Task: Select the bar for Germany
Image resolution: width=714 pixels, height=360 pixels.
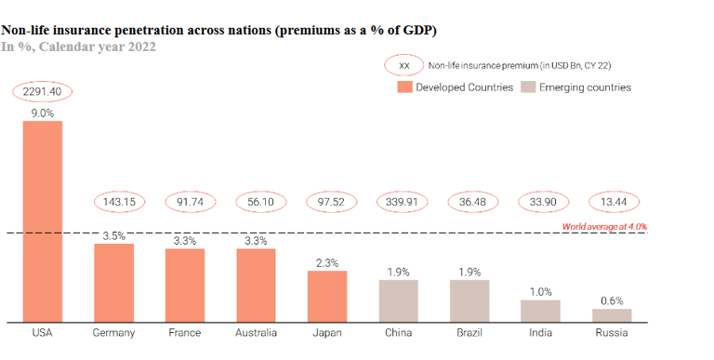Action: tap(113, 283)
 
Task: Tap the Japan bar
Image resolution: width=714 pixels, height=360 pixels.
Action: tap(327, 297)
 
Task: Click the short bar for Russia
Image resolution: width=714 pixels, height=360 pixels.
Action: tap(612, 315)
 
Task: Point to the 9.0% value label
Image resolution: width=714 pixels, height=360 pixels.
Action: tap(42, 113)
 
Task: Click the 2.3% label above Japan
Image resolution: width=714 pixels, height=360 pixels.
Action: tap(327, 263)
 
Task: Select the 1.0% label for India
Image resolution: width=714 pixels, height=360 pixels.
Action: tap(540, 291)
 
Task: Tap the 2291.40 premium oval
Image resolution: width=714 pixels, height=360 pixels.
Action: tap(42, 91)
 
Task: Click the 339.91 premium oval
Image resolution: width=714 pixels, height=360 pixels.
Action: tap(398, 202)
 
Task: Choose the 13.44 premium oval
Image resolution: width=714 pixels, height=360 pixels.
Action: tap(612, 202)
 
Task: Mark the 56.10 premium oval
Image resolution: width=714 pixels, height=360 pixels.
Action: tap(256, 202)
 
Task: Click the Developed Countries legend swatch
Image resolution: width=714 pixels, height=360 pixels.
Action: tap(404, 87)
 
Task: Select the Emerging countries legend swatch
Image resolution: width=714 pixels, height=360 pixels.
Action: tap(527, 87)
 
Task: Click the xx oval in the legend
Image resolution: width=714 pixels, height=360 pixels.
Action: tap(403, 66)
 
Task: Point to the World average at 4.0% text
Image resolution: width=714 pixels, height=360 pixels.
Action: tap(604, 226)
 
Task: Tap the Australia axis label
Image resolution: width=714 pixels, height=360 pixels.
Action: tap(256, 332)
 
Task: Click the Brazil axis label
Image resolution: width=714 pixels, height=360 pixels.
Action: tap(469, 332)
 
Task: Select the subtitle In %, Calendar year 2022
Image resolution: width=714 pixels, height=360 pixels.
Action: tap(79, 46)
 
